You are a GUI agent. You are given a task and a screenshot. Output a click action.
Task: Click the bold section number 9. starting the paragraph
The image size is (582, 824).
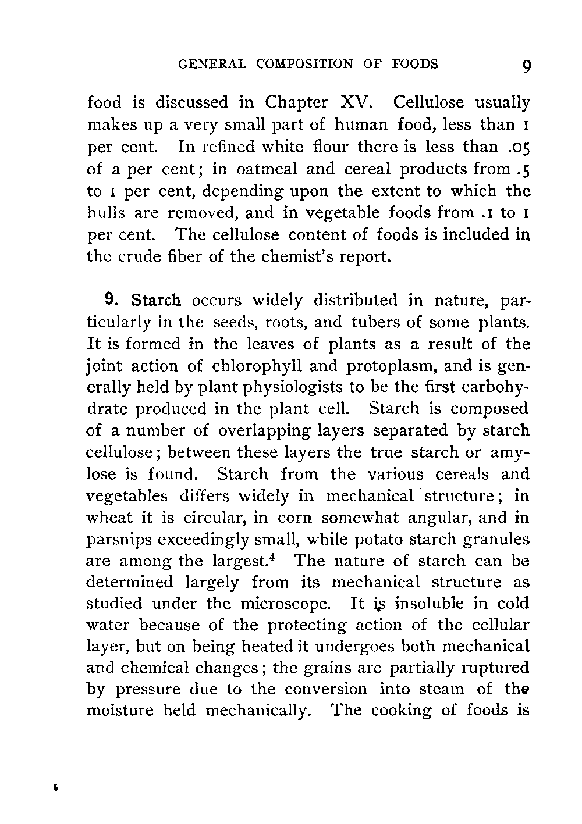coord(112,301)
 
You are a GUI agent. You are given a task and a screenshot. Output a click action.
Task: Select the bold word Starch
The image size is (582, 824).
coord(157,301)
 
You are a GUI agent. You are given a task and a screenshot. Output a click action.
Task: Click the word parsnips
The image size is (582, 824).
coord(117,541)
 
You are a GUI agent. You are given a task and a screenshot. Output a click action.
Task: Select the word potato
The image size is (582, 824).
coord(398,540)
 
